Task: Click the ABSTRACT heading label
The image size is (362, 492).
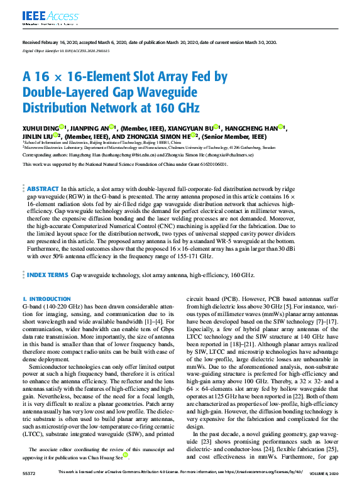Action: (x=43, y=188)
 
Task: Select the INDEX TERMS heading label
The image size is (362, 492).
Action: (x=47, y=275)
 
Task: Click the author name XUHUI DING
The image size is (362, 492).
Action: (x=41, y=126)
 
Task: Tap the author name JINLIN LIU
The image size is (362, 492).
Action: (x=37, y=135)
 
